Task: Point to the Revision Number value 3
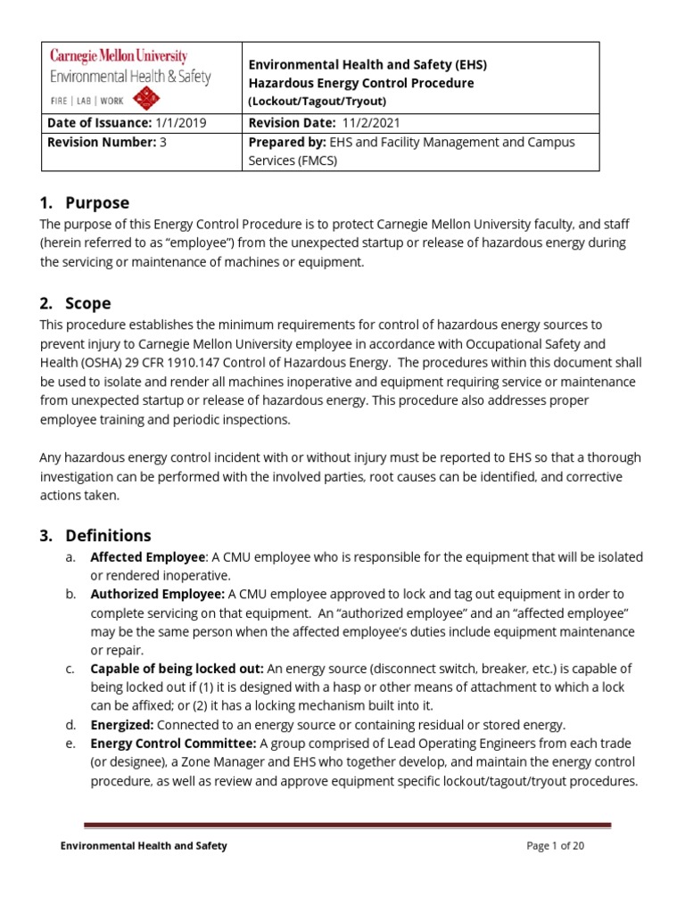pyautogui.click(x=163, y=142)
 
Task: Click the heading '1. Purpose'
pyautogui.click(x=85, y=202)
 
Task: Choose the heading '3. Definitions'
pyautogui.click(x=95, y=536)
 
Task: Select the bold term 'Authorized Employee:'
pyautogui.click(x=158, y=594)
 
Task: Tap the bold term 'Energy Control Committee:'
pyautogui.click(x=173, y=744)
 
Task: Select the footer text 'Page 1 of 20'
pyautogui.click(x=556, y=846)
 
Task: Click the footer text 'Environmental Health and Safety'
pyautogui.click(x=144, y=846)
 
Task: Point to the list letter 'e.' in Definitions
pyautogui.click(x=70, y=744)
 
